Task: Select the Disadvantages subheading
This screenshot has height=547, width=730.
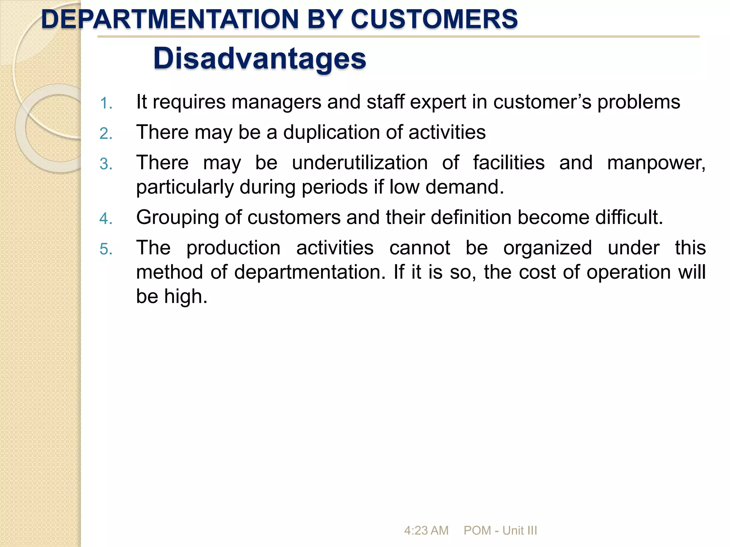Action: pos(259,59)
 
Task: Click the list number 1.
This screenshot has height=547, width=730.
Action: pos(106,104)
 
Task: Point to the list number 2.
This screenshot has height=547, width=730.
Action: pos(106,134)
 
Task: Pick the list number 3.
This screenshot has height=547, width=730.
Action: pos(106,164)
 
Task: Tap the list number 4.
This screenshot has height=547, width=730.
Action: pos(106,219)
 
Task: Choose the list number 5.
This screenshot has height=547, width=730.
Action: pos(106,249)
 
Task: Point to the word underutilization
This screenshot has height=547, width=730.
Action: pos(360,163)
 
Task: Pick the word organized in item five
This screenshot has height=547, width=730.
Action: pos(547,248)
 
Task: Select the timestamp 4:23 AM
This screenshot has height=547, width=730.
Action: pos(426,531)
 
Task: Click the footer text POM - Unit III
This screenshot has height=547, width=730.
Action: pos(500,531)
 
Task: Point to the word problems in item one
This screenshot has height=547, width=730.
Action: pos(639,103)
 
